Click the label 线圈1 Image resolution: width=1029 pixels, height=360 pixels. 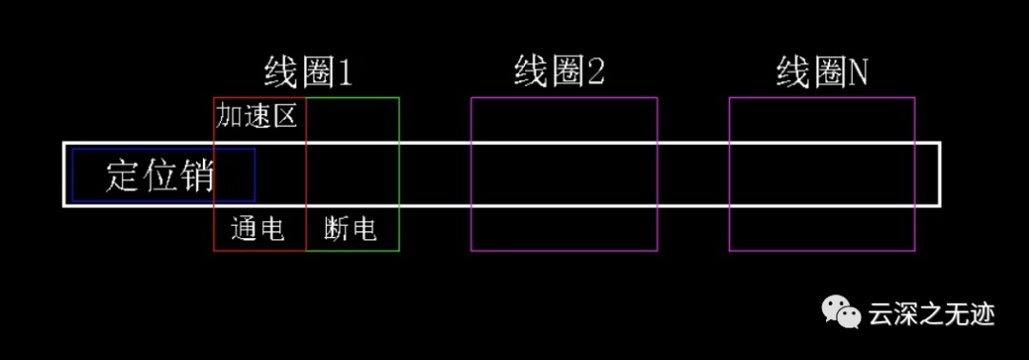(x=309, y=72)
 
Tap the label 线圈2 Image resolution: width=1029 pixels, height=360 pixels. (x=559, y=72)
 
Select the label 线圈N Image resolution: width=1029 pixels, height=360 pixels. (x=821, y=72)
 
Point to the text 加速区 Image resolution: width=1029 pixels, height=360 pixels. (x=256, y=116)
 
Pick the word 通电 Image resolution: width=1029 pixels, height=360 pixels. (x=258, y=229)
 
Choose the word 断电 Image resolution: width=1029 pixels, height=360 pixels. (x=351, y=229)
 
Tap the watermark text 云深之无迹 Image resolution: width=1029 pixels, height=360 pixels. (x=932, y=314)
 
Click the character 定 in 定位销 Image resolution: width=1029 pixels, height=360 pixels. (x=122, y=175)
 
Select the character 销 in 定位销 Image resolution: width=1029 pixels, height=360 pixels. (x=197, y=175)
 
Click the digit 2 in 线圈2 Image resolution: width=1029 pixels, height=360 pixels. (x=595, y=73)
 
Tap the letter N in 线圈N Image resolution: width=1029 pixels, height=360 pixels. (x=857, y=73)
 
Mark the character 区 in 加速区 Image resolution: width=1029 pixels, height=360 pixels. (x=285, y=117)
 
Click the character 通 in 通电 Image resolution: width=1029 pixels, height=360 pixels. (x=244, y=230)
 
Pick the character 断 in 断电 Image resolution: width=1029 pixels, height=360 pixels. (x=336, y=230)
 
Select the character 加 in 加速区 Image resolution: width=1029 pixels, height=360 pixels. (x=229, y=117)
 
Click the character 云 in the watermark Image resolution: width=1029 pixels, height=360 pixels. (x=880, y=314)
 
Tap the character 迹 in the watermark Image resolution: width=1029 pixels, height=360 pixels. (x=983, y=314)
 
